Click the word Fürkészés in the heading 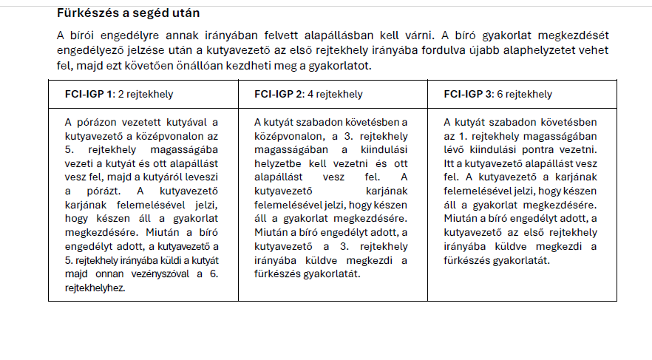[x=84, y=13]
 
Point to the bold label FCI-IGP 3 [x=469, y=95]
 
